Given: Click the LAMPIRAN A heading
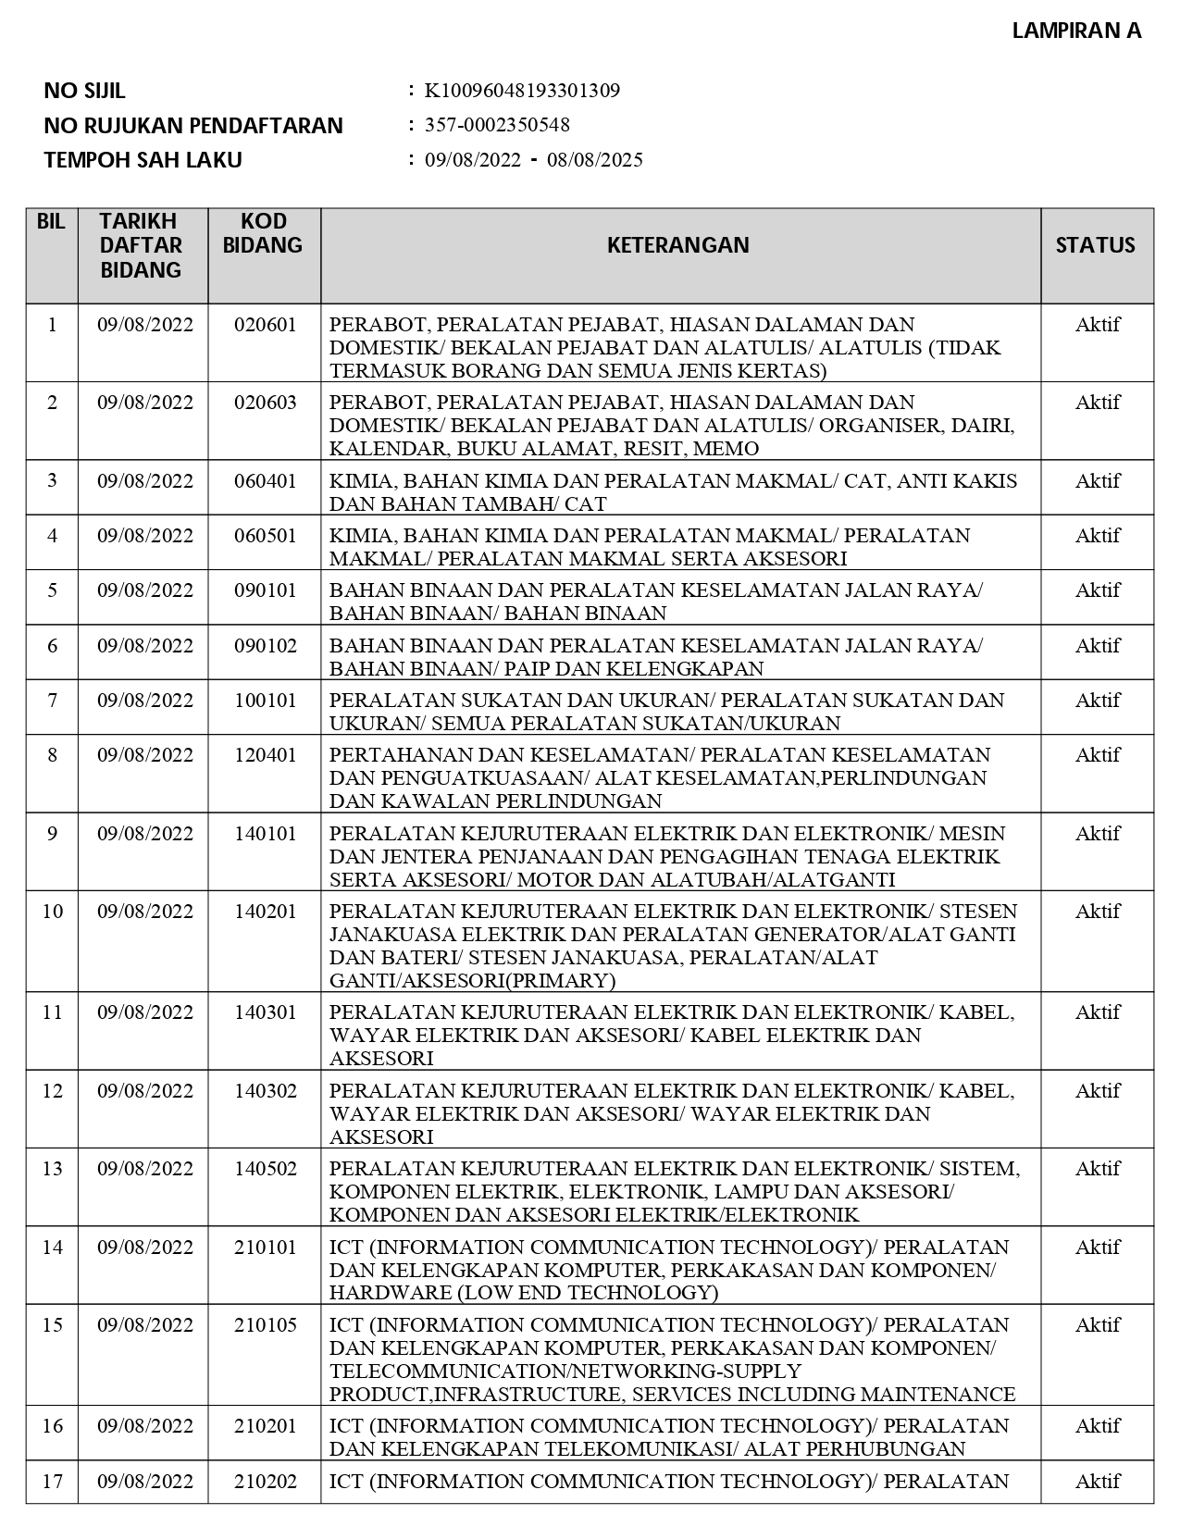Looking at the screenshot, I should pos(1076,31).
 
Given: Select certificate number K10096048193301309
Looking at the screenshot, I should pos(522,91).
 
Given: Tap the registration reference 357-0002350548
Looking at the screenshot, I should pos(497,125).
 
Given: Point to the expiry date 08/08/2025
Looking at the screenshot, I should pos(595,159).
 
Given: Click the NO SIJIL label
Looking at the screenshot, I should pos(84,91).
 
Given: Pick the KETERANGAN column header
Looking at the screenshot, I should pos(678,245).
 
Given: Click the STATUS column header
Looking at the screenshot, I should pos(1095,245).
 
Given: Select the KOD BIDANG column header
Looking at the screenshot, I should pos(264,233).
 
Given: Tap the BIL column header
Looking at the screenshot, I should pos(51,222).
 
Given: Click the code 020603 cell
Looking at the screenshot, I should pos(266,403).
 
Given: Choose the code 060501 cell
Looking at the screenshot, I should pos(266,536).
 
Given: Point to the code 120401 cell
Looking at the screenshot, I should pos(266,755).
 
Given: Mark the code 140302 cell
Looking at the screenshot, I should pos(266,1091).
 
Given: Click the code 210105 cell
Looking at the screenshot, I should pos(266,1325).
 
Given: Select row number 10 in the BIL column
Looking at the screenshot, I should pos(52,912).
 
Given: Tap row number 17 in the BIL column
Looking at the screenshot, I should pos(52,1482).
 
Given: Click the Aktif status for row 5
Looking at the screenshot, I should pos(1098,590).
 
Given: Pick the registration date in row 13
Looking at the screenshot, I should pos(145,1169).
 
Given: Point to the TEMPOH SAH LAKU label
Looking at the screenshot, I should pos(143,159).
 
